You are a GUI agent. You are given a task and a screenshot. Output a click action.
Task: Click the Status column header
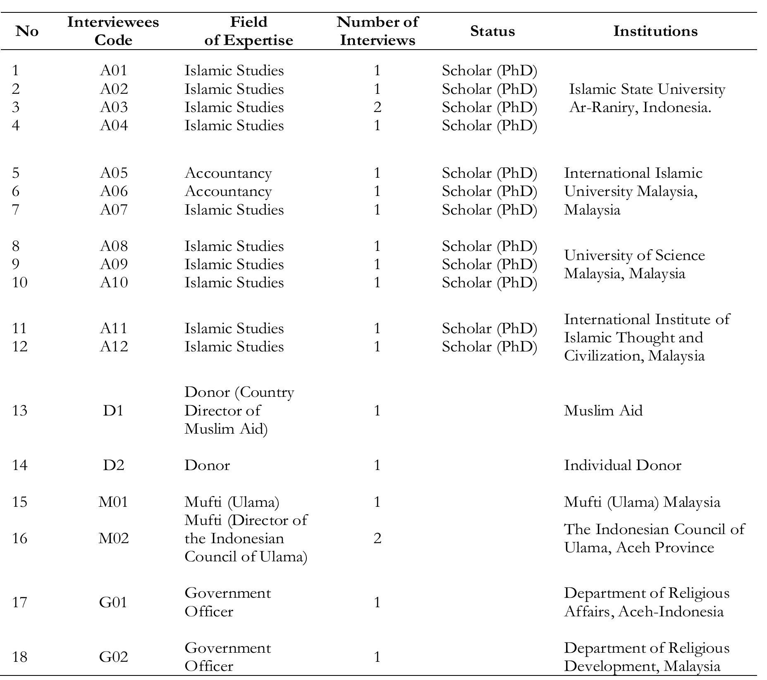point(492,31)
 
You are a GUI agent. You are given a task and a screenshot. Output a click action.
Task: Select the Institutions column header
point(655,31)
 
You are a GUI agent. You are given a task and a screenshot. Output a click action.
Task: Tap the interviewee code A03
point(114,107)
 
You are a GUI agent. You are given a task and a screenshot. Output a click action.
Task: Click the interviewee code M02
point(114,538)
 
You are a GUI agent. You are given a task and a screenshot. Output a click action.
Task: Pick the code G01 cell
point(114,602)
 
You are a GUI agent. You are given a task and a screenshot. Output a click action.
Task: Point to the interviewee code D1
point(113,410)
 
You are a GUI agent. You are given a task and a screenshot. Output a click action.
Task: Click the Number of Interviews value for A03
point(377,107)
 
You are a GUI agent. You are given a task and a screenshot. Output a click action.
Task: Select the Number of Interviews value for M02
point(377,538)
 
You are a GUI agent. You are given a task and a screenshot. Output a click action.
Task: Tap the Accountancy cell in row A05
point(228,173)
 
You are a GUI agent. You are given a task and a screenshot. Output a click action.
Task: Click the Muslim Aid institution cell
point(603,410)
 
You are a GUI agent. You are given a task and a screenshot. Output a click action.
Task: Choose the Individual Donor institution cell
point(622,465)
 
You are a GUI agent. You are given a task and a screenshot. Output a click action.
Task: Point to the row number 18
point(19,657)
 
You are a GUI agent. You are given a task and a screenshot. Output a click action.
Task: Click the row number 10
point(19,283)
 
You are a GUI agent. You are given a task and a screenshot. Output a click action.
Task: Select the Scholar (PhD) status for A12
point(489,346)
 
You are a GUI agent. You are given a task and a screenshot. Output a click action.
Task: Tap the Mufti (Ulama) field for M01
point(232,502)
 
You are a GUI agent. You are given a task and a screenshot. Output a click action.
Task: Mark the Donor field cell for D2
point(207,465)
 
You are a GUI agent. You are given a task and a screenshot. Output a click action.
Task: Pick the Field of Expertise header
point(248,31)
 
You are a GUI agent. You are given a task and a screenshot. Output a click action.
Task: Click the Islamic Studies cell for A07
point(234,210)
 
